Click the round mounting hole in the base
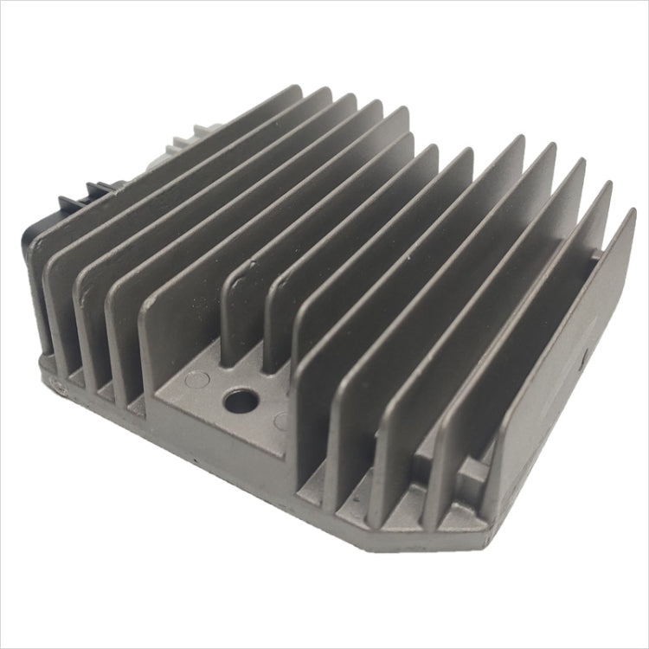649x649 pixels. click(x=241, y=400)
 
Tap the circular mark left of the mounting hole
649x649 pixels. click(x=197, y=378)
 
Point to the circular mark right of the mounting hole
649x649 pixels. click(x=281, y=421)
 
